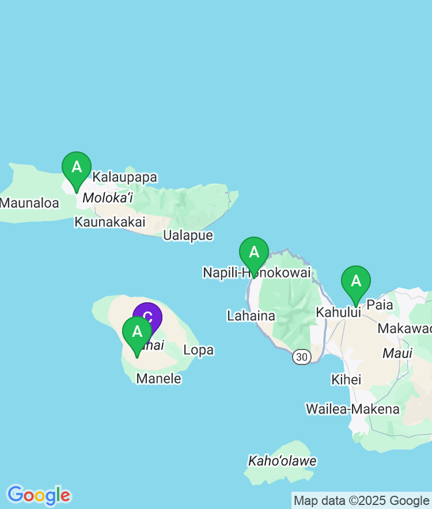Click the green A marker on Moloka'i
click(77, 168)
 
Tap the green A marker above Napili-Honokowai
click(254, 253)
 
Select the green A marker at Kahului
click(356, 282)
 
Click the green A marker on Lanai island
click(137, 333)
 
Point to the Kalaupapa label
click(125, 177)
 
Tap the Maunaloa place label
click(29, 203)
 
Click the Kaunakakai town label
click(110, 222)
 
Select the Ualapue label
click(188, 235)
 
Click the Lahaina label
click(251, 316)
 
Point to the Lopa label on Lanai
click(198, 350)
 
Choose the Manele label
click(158, 378)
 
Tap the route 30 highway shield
click(301, 357)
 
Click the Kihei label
click(346, 379)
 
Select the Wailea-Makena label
click(353, 409)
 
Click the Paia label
click(380, 305)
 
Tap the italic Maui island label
click(397, 353)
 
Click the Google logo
click(39, 495)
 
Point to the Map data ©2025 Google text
click(361, 500)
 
